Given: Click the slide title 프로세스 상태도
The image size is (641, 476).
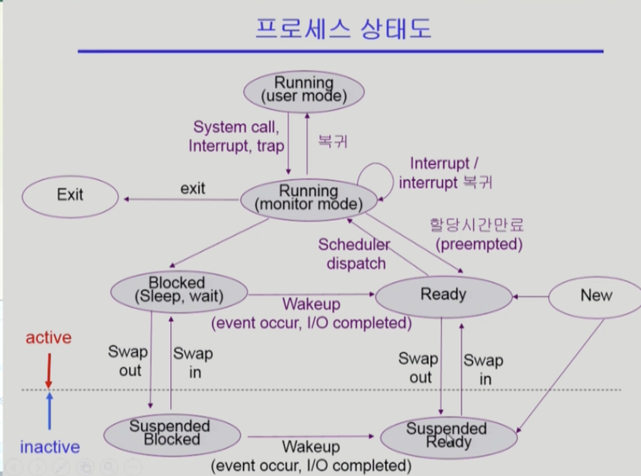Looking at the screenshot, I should click(x=343, y=30).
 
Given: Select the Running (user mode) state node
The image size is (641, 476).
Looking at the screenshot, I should click(x=304, y=90).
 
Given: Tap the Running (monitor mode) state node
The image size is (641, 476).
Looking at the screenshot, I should click(x=308, y=198).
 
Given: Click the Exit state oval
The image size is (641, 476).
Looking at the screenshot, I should click(x=70, y=194).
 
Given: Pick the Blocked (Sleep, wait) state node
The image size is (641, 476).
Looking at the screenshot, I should click(x=177, y=290).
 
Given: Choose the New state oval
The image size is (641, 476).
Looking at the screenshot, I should click(x=596, y=295).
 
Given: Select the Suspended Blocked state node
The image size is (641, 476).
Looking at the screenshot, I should click(x=170, y=433).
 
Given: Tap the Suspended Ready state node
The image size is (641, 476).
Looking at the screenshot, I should click(x=447, y=435).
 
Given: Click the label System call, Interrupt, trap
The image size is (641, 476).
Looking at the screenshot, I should click(x=237, y=136).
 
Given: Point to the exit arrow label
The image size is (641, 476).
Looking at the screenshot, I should click(x=192, y=189).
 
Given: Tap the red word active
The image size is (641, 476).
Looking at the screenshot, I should click(x=49, y=337).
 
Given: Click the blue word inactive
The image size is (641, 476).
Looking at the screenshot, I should click(x=50, y=447).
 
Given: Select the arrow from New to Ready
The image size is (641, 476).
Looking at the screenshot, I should click(x=530, y=295).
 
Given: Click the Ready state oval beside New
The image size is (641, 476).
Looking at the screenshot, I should click(x=444, y=294).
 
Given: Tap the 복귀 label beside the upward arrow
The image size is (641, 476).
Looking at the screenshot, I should click(x=333, y=141).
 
